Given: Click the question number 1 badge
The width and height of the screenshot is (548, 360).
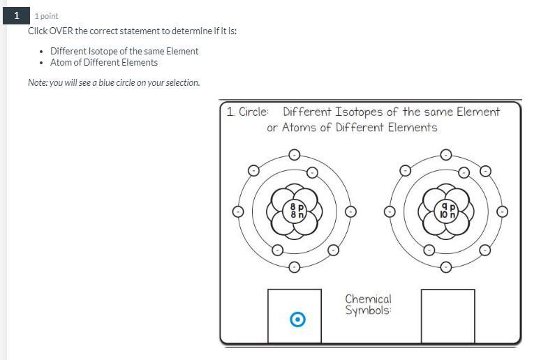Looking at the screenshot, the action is pos(16,16).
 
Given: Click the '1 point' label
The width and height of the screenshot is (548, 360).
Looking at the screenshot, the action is pos(47,16).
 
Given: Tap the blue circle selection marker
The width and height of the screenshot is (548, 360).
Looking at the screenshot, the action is pos(298,319).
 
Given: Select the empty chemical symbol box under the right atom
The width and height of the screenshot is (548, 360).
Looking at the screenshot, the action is pos(447,316).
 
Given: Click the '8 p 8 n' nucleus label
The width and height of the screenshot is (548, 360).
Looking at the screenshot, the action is pos(297,211).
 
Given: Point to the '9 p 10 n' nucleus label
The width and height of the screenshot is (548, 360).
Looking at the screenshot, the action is pos(447,211).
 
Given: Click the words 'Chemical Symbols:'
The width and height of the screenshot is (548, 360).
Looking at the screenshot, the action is pos(368,304).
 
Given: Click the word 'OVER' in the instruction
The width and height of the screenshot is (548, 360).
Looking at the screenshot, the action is pos(61,31).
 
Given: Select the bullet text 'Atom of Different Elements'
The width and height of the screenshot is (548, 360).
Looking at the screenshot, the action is pos(104,62).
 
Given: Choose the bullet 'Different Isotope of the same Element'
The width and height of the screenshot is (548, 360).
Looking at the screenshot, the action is pos(124,51).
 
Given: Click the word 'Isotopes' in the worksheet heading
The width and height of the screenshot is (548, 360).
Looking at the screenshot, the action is pos(359,112).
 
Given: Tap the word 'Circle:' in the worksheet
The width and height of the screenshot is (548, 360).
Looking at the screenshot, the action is pos(253,112).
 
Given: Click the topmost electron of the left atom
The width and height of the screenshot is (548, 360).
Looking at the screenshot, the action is pos(295,154).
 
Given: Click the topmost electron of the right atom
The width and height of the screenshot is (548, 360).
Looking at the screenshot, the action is pos(445,154).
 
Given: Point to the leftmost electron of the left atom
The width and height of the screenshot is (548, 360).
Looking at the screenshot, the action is pos(238,211).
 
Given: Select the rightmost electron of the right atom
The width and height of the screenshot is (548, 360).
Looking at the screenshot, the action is pos(502,211).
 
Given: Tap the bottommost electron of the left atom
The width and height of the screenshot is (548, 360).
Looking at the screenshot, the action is pos(295,267).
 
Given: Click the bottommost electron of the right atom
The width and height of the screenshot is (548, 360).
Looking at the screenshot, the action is pos(445,267).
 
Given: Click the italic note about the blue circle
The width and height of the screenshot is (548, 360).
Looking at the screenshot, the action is pos(114,83).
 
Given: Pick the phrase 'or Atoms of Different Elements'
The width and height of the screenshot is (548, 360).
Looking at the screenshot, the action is pos(352,128).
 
